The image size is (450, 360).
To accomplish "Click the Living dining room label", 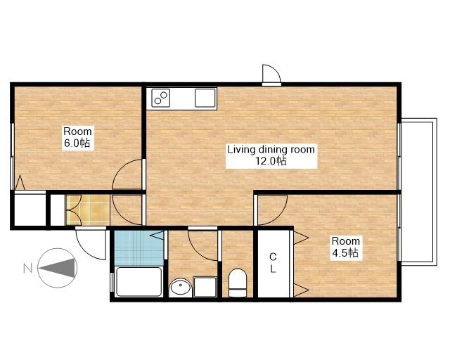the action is (x=271, y=155).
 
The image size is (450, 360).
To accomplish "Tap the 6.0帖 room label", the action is (x=77, y=137).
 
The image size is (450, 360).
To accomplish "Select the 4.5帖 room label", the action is (x=345, y=247).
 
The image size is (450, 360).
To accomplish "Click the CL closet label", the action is (x=273, y=263).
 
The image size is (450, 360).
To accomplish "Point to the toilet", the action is (x=238, y=283).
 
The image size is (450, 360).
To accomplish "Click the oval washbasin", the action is (x=180, y=287).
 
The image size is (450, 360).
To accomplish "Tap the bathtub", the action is (x=139, y=282).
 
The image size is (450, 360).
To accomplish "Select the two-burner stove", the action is (x=161, y=98).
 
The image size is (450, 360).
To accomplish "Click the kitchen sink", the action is (x=205, y=98).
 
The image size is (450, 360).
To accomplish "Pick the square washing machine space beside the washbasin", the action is (x=205, y=287).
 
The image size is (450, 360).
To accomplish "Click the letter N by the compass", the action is (x=27, y=269).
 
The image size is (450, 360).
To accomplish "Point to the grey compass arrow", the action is (x=58, y=268).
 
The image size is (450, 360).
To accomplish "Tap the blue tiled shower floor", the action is (x=139, y=248).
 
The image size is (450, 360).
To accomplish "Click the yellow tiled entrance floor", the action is (x=87, y=210).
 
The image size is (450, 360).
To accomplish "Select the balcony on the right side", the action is (x=419, y=192).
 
